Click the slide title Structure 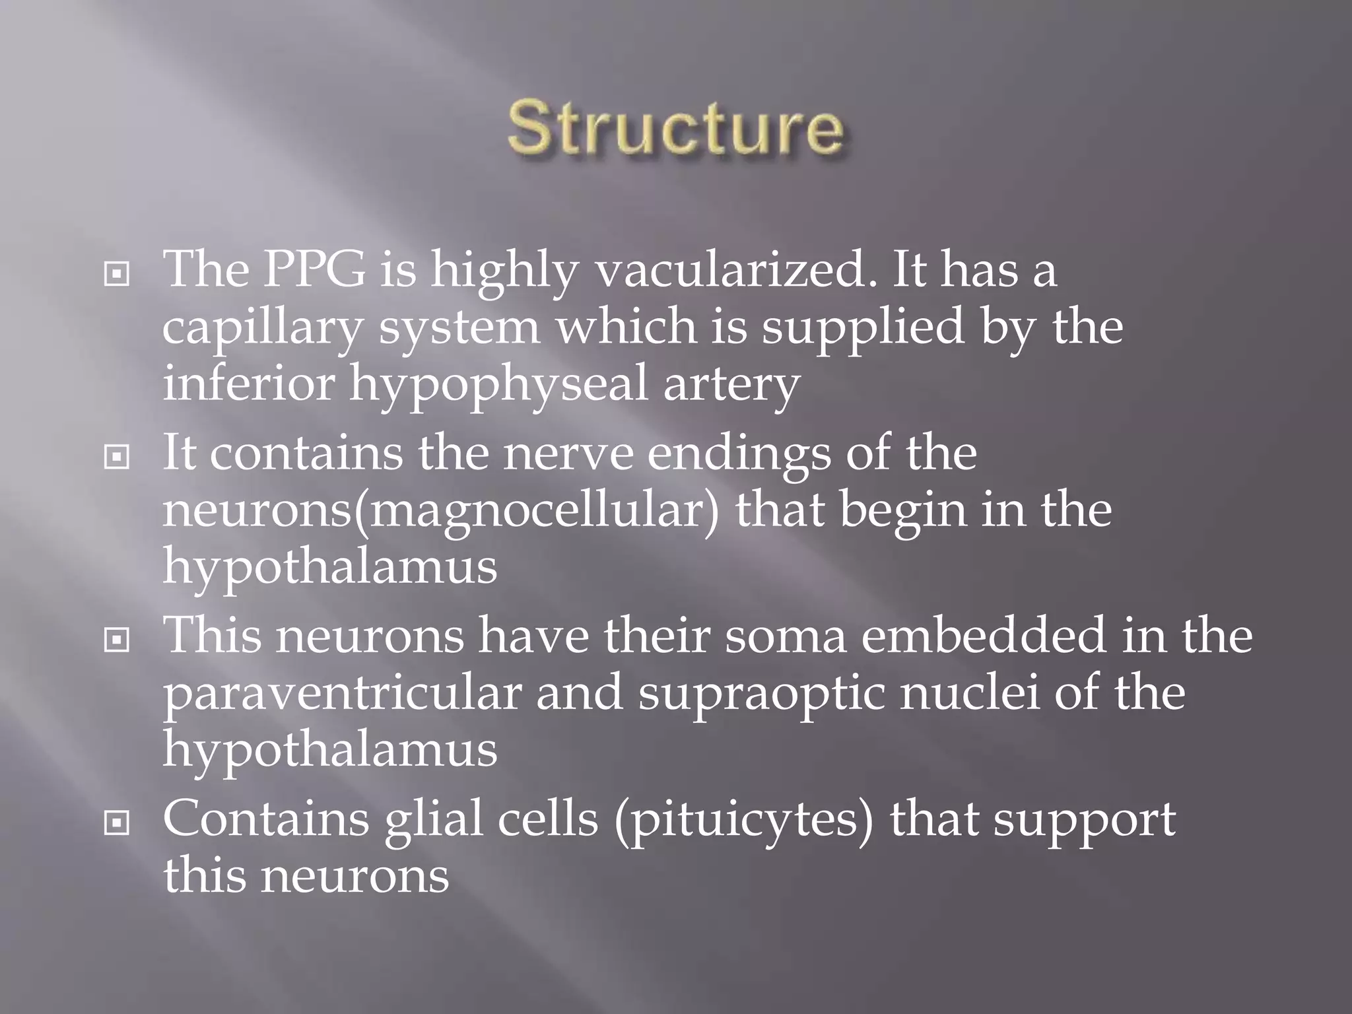pos(675,127)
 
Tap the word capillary pos(262,328)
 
